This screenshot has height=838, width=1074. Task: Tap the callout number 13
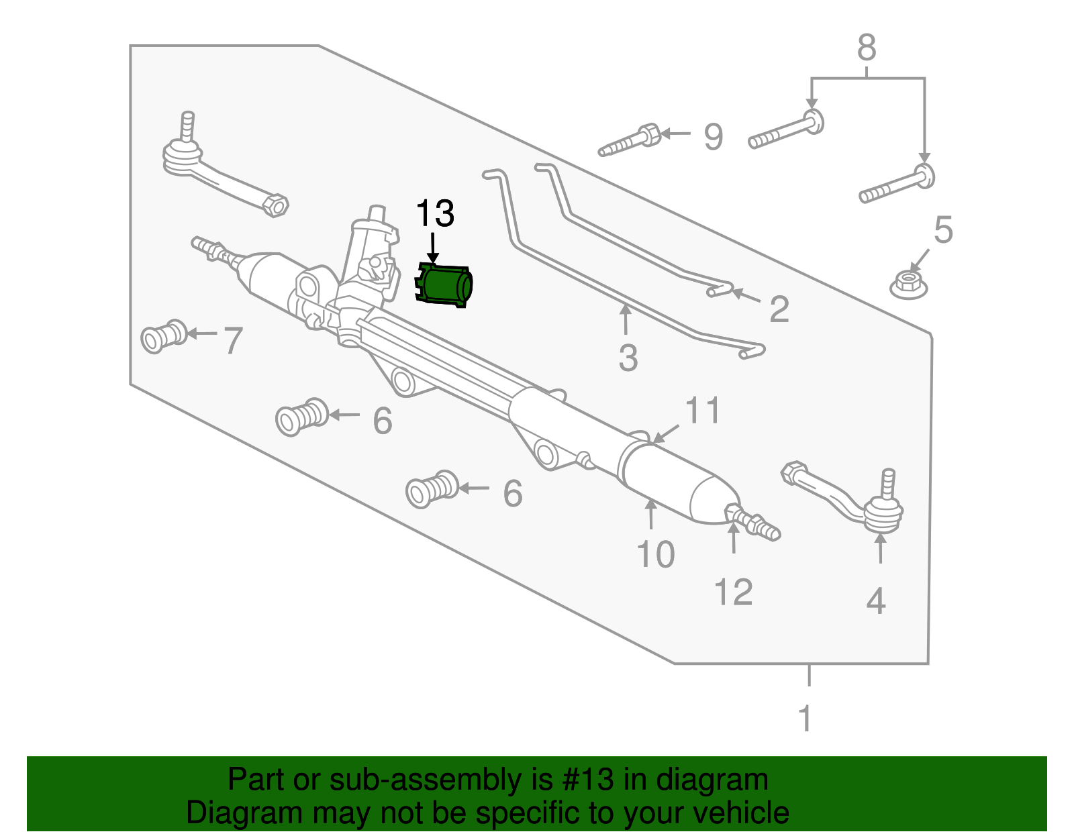click(435, 214)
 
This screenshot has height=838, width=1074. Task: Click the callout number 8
click(867, 48)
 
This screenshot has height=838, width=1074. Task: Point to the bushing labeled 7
click(163, 336)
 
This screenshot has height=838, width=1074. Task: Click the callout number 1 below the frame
click(805, 719)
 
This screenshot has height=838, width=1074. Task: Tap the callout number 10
click(655, 555)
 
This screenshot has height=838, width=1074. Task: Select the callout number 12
click(733, 592)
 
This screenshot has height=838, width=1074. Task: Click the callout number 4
click(876, 601)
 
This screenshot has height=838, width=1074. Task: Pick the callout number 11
click(703, 411)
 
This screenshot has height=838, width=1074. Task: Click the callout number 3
click(628, 358)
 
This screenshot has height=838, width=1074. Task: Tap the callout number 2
click(779, 309)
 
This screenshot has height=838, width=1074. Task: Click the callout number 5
click(943, 230)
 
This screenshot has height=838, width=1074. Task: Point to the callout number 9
click(713, 137)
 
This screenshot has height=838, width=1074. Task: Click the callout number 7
click(232, 341)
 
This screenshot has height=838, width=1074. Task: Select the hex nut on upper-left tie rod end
click(275, 205)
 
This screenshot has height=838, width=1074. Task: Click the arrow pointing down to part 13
click(433, 247)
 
